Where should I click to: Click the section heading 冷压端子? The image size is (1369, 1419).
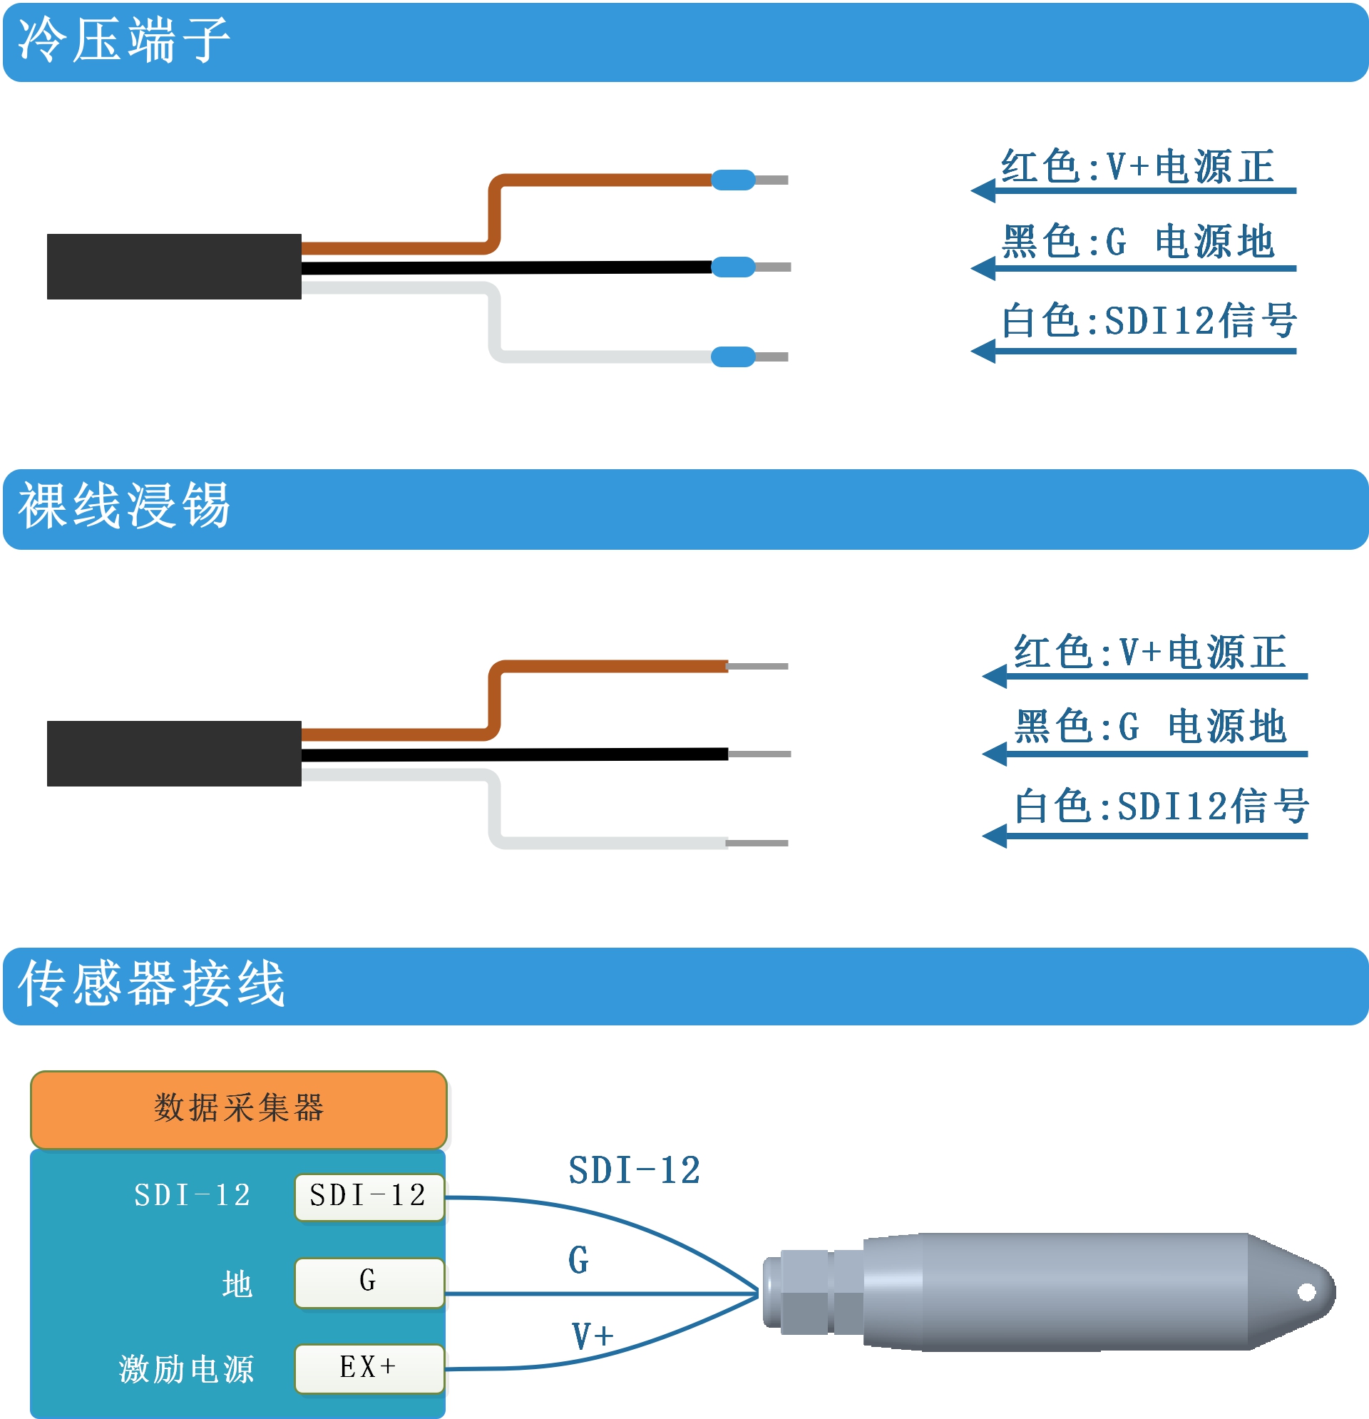[x=124, y=40]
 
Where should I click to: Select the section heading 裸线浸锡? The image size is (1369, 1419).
[x=124, y=506]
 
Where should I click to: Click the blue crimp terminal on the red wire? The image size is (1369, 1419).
[x=734, y=180]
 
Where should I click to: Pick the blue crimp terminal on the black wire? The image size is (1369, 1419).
[x=734, y=267]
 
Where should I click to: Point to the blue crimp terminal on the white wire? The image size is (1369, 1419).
[x=734, y=357]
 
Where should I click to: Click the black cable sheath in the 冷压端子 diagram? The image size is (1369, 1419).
[x=174, y=267]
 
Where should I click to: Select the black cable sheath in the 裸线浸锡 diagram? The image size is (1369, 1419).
[x=174, y=753]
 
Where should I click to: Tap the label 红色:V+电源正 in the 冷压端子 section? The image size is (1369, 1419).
[x=1137, y=167]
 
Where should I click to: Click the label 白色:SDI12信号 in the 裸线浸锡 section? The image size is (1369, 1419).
[x=1162, y=806]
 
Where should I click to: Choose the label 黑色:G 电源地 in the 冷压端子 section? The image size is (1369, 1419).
[x=1137, y=241]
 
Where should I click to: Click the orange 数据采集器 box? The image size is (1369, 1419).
[x=239, y=1110]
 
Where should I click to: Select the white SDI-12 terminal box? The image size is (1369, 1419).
[x=369, y=1197]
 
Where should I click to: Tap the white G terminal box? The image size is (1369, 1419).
[x=369, y=1283]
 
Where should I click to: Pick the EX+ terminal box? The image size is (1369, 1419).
[x=369, y=1368]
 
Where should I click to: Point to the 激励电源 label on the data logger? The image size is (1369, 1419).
[x=187, y=1369]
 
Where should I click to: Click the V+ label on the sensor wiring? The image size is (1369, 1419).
[x=593, y=1336]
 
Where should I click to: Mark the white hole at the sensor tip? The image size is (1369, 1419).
[x=1307, y=1291]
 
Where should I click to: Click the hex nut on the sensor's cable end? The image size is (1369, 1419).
[x=805, y=1292]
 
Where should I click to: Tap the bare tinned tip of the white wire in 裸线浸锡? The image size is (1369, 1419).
[x=757, y=843]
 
